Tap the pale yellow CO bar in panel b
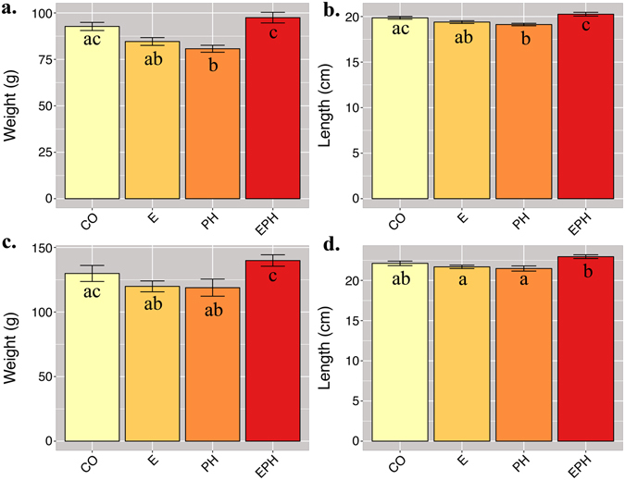[x=400, y=111]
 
